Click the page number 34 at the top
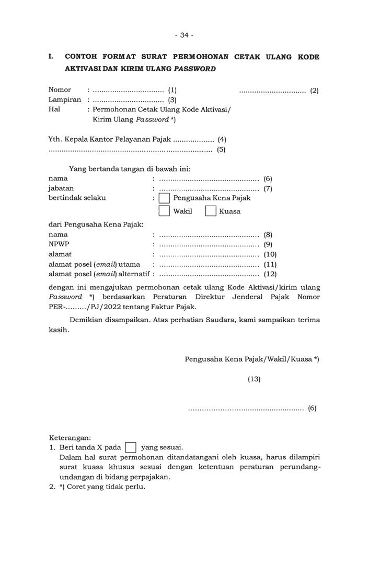(184, 35)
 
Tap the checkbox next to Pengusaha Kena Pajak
(164, 198)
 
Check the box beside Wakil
(164, 211)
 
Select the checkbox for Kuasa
(211, 211)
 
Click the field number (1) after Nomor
(172, 90)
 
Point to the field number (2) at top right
(314, 90)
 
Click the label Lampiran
(65, 99)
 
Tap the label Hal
(54, 109)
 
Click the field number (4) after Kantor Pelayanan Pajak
(222, 140)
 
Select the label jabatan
(61, 188)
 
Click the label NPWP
(59, 244)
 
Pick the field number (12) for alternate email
(270, 274)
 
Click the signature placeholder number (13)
(254, 379)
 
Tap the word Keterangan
(70, 437)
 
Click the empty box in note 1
(131, 447)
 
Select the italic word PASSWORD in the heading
(195, 69)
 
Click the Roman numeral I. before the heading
(51, 56)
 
